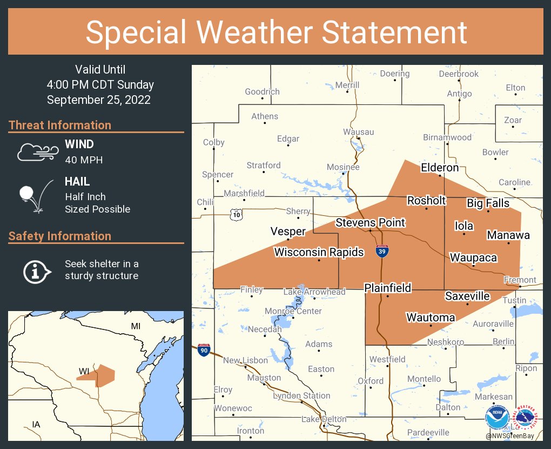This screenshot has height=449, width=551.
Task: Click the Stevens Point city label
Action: (x=370, y=222)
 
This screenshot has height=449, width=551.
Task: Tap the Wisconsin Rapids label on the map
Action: (x=319, y=252)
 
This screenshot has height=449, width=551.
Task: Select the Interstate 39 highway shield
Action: (x=382, y=251)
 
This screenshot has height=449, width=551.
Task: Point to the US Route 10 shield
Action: (x=236, y=215)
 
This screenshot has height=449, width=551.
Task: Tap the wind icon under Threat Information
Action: (x=37, y=152)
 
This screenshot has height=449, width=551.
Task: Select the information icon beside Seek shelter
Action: (x=36, y=270)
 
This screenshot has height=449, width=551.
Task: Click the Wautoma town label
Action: (x=431, y=317)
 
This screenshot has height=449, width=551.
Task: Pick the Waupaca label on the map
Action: (x=473, y=257)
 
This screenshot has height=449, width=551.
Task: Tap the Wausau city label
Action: (x=358, y=132)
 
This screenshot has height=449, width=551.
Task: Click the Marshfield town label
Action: (x=244, y=193)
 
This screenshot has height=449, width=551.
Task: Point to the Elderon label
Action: (x=440, y=168)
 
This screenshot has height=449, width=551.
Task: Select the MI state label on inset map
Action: (x=136, y=326)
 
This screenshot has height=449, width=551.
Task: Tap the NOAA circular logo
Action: (x=496, y=418)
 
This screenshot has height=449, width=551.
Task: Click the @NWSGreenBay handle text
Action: (x=513, y=435)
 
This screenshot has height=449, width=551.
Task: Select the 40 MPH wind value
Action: (x=83, y=160)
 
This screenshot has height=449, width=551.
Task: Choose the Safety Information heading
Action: (x=60, y=236)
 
